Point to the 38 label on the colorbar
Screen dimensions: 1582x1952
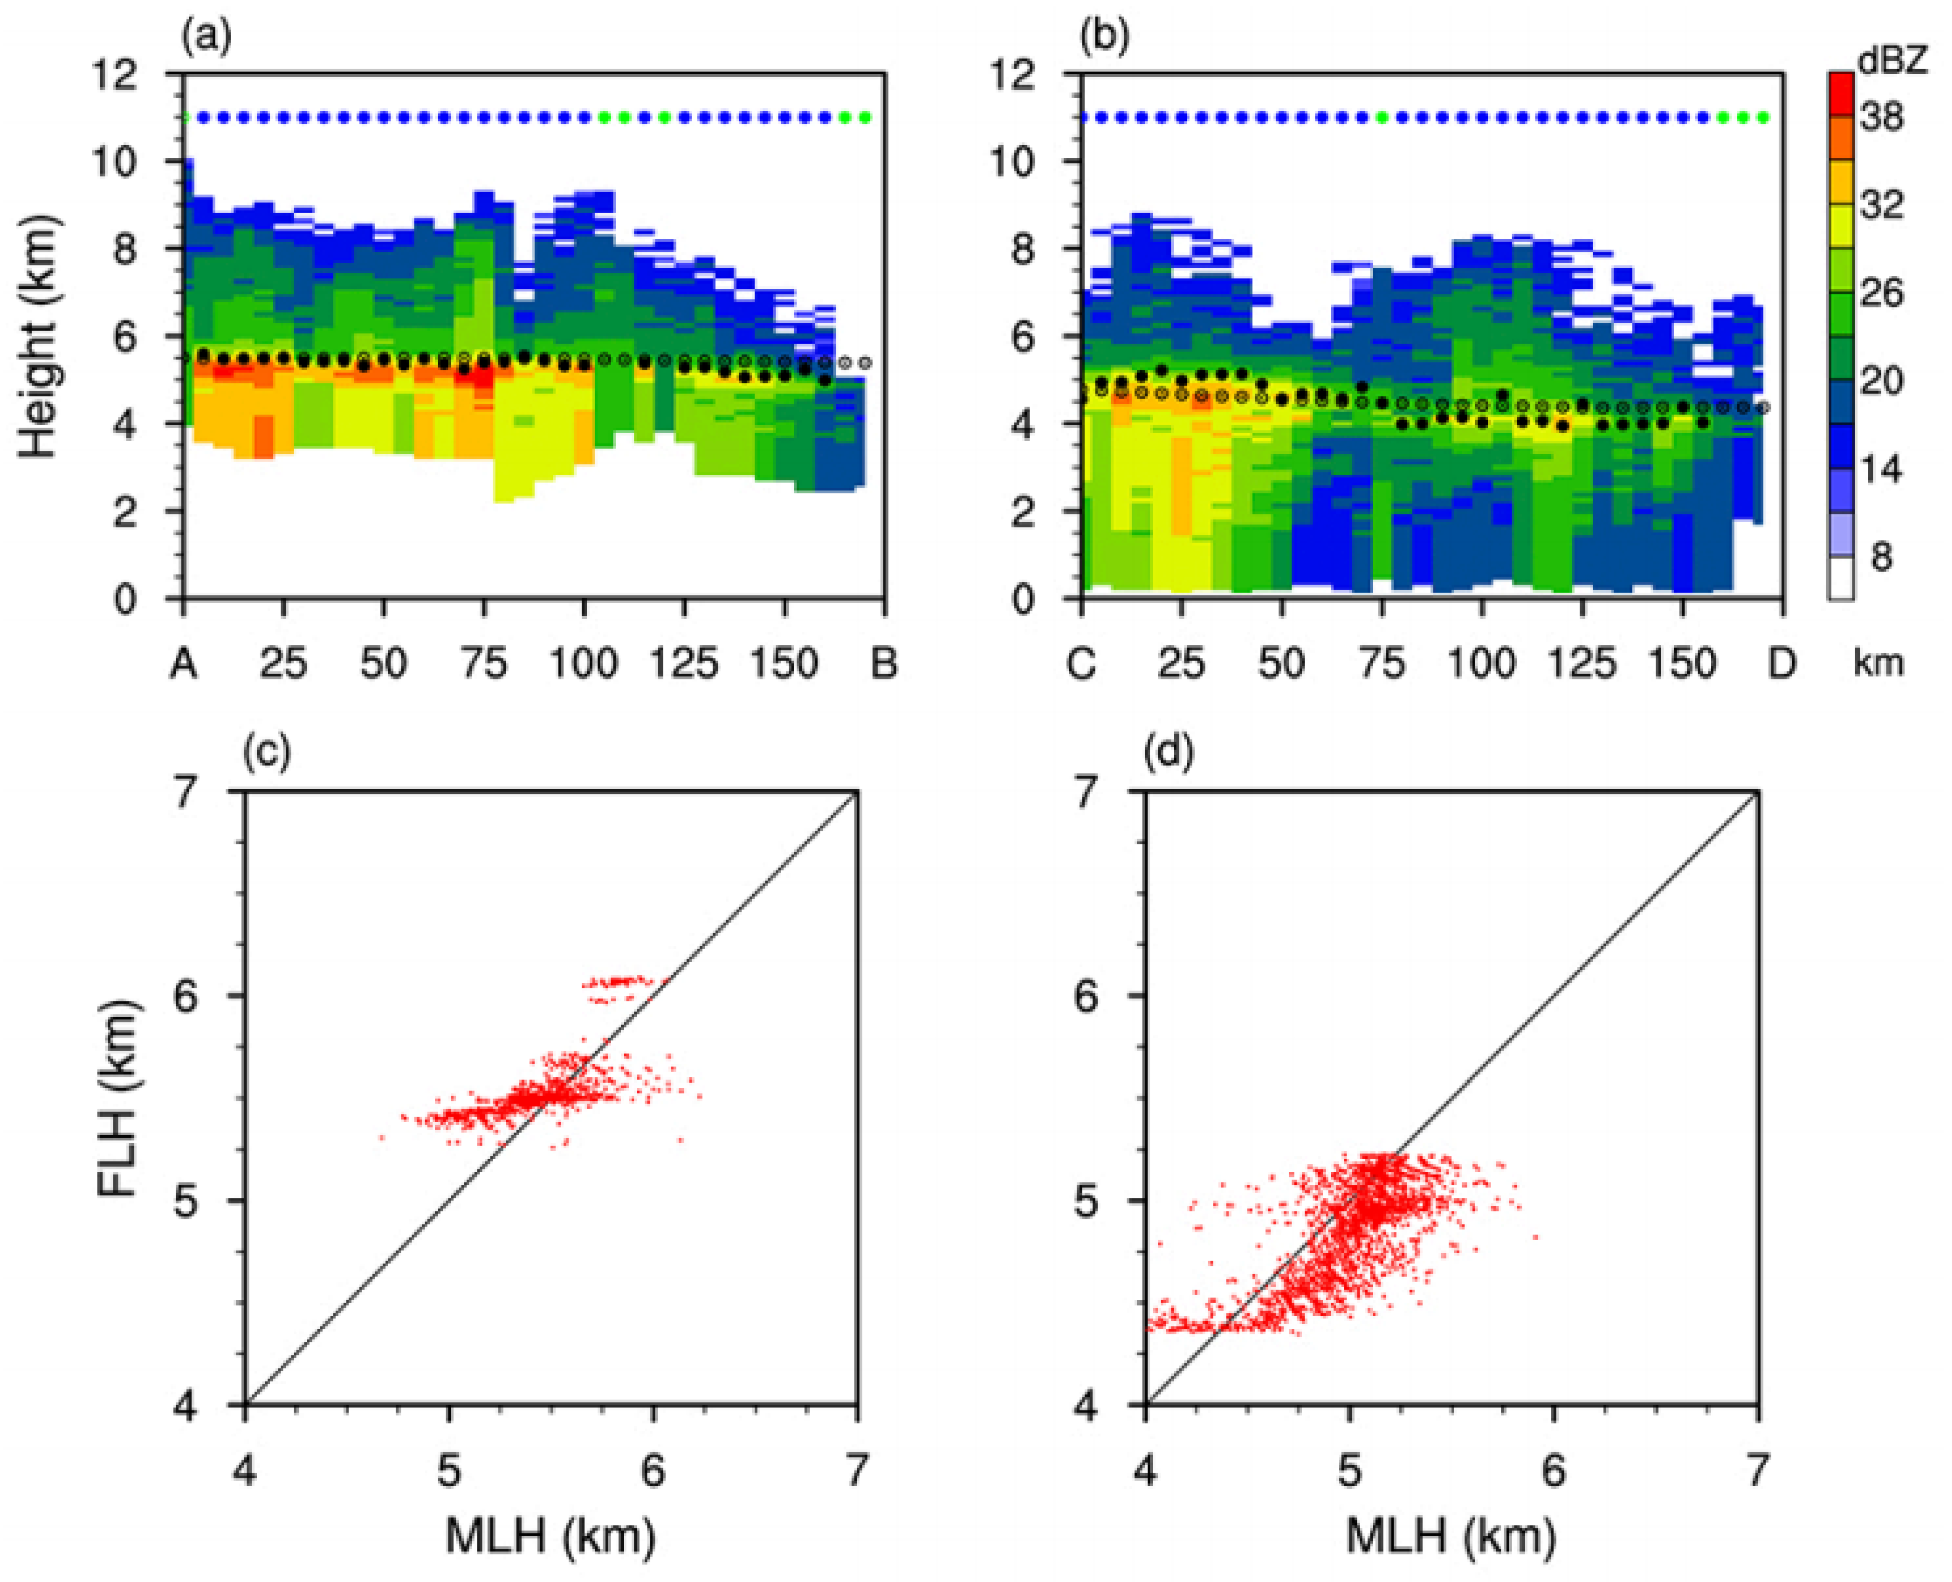pos(1881,117)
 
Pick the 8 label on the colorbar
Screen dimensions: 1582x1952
pos(1881,557)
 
